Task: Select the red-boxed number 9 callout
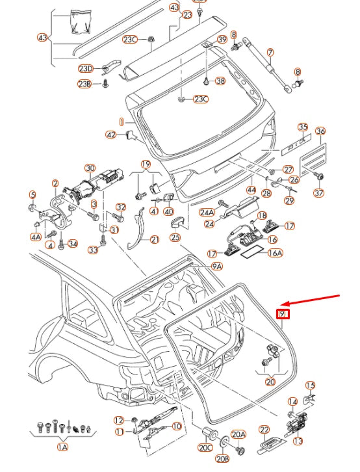(283, 315)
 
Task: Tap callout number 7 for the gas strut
(270, 52)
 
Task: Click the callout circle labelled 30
(90, 168)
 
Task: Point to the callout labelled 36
(320, 131)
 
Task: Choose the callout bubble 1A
(62, 447)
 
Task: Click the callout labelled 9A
(216, 266)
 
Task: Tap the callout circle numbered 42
(111, 135)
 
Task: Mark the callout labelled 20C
(206, 448)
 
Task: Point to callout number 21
(154, 240)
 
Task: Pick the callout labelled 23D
(86, 68)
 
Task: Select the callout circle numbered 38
(220, 81)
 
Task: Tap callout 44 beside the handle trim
(251, 190)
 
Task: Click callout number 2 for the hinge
(55, 184)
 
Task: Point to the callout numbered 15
(310, 386)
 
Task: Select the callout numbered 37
(318, 193)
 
